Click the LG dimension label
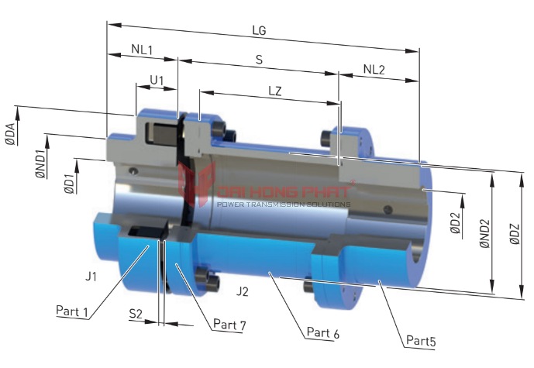click(x=260, y=32)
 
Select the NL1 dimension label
click(x=142, y=50)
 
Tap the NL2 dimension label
click(x=374, y=69)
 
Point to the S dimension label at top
click(x=258, y=59)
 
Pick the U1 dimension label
click(x=157, y=80)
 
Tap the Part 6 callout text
click(x=322, y=332)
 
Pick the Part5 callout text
click(x=422, y=340)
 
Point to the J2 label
click(x=243, y=291)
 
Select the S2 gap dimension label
click(x=136, y=314)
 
